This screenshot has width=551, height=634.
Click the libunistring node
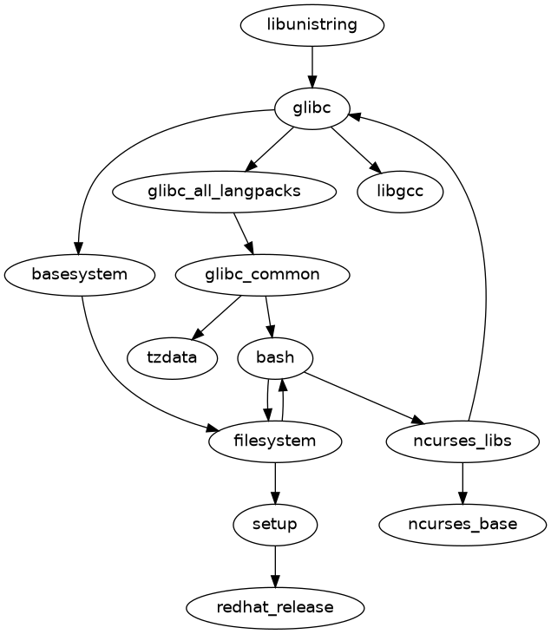[x=312, y=24]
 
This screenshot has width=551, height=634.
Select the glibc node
[x=312, y=108]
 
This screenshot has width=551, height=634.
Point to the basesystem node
[x=80, y=274]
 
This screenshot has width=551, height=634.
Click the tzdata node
[x=172, y=357]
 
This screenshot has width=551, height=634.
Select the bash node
[x=275, y=357]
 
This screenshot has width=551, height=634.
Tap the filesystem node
[x=275, y=441]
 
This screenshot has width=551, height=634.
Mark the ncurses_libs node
[x=462, y=441]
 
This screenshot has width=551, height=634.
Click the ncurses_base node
[x=462, y=524]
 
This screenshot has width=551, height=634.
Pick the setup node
[x=275, y=524]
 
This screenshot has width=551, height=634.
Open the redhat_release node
[x=275, y=607]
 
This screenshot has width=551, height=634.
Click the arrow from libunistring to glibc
[x=312, y=66]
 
